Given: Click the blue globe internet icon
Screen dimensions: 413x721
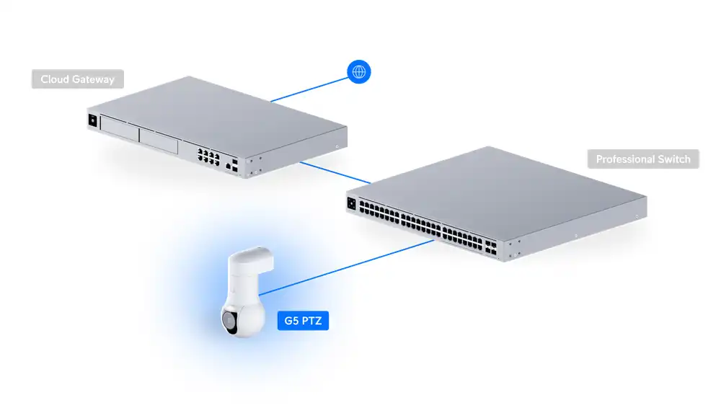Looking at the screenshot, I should click(359, 72).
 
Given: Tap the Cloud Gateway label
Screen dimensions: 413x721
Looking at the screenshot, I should click(77, 79).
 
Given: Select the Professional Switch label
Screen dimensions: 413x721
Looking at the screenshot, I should click(643, 159).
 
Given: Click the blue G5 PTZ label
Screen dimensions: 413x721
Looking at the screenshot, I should click(302, 321).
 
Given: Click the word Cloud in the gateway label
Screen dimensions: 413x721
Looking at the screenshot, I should click(54, 79).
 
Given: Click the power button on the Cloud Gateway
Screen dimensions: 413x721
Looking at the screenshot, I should click(92, 120).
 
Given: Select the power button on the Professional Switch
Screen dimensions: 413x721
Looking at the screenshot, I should click(352, 203).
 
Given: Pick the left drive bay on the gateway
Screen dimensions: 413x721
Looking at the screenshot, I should click(120, 133).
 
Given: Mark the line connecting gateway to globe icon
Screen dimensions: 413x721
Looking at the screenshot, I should click(310, 86).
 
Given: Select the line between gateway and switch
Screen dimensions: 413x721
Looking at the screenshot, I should click(335, 172).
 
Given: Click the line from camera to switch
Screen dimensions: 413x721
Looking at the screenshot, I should click(346, 267).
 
